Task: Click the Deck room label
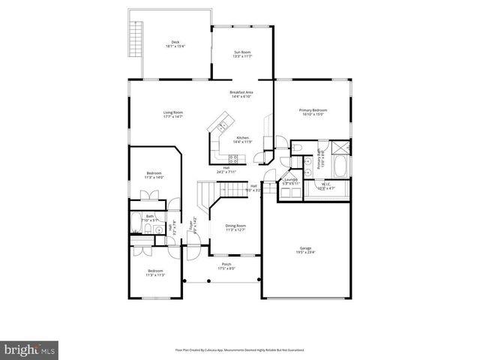[x=175, y=44]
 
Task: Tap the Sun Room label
[x=241, y=54]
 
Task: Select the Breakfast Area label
[x=241, y=94]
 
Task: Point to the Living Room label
[x=173, y=115]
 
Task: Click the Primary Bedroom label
[x=313, y=112]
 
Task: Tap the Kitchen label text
[x=243, y=140]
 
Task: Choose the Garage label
[x=305, y=250]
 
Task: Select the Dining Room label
[x=236, y=227]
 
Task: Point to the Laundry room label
[x=291, y=181]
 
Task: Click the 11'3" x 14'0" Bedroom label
[x=154, y=175]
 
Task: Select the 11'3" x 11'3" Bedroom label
[x=155, y=273]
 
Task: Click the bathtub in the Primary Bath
[x=340, y=166]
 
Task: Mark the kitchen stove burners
[x=234, y=158]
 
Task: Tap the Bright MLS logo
[x=30, y=349]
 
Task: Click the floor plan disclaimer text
[x=240, y=350]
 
